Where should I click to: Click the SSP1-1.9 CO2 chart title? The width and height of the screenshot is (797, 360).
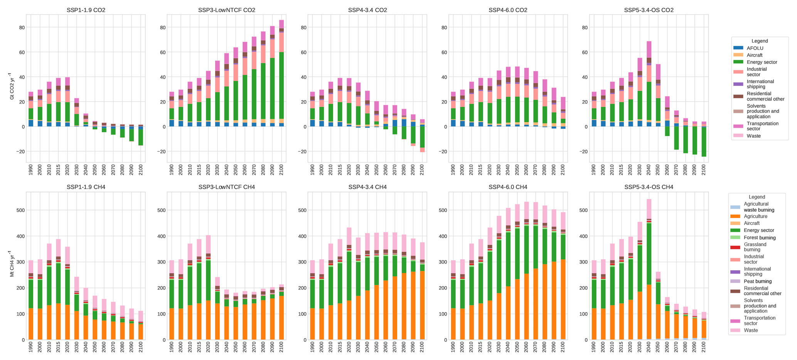pyautogui.click(x=86, y=10)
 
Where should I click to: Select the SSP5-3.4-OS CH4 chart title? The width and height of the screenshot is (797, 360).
pyautogui.click(x=649, y=187)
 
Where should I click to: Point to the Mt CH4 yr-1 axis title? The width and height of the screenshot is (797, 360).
pyautogui.click(x=12, y=264)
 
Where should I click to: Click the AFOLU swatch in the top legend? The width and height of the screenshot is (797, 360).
pyautogui.click(x=738, y=48)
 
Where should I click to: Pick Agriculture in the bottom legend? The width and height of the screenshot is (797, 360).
pyautogui.click(x=755, y=217)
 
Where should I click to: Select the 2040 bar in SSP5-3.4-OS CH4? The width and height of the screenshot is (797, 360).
pyautogui.click(x=649, y=270)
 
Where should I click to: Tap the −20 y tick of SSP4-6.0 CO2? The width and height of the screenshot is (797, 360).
pyautogui.click(x=444, y=151)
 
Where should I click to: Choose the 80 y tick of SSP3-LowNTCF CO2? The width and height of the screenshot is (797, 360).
pyautogui.click(x=162, y=27)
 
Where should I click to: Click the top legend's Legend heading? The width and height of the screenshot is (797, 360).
pyautogui.click(x=760, y=41)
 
